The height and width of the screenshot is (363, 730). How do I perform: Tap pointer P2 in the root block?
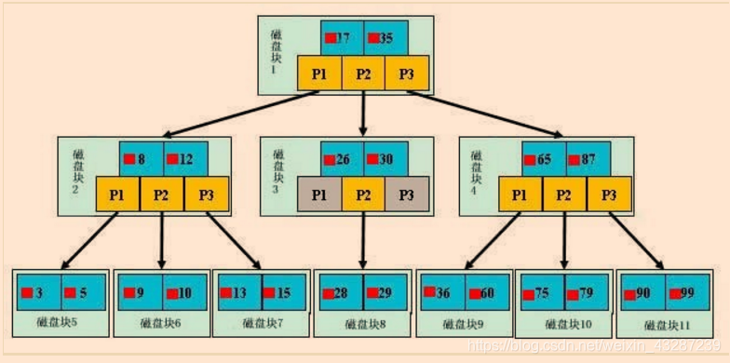click(363, 74)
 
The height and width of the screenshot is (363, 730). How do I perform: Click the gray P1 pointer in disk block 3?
click(318, 195)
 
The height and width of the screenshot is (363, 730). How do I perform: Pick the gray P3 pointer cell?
click(407, 195)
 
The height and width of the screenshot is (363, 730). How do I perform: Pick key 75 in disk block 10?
click(541, 293)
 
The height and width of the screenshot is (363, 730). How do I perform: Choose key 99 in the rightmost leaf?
click(684, 293)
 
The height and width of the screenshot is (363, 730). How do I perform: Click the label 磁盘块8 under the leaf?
click(362, 324)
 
